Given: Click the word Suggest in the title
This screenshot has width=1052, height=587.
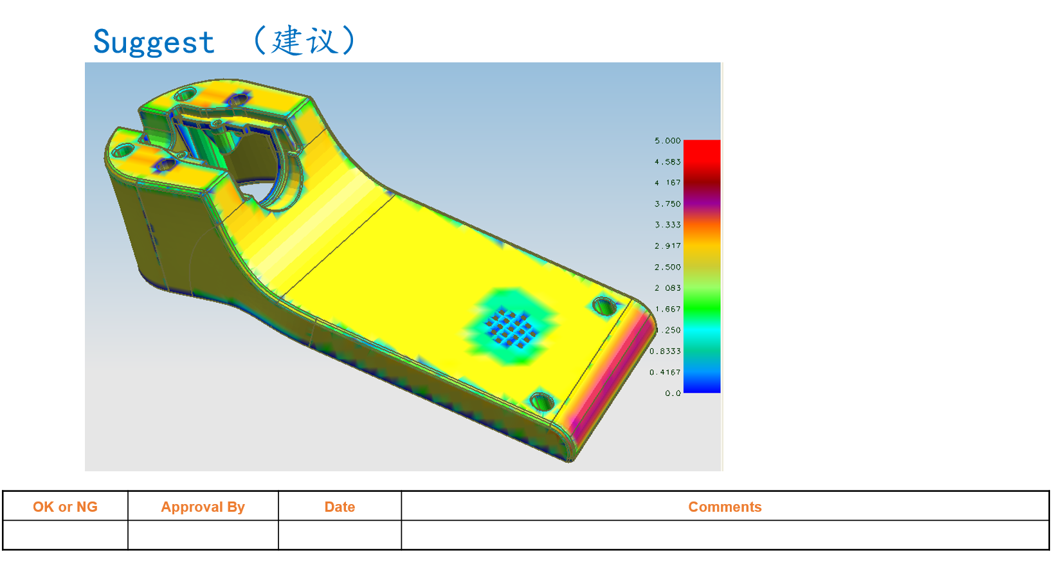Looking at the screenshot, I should (154, 43).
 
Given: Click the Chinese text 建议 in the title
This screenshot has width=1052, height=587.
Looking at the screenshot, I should (304, 41).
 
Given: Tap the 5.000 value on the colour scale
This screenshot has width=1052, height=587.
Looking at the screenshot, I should (667, 141).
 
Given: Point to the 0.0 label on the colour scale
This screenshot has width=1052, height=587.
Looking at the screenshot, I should (673, 393).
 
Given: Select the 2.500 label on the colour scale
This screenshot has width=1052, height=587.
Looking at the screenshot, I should (667, 267).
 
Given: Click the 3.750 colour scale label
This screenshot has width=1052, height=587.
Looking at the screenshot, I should (667, 204).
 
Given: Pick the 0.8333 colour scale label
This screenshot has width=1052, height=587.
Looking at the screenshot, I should (665, 352).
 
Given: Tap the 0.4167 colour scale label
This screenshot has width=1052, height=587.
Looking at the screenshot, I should (665, 373).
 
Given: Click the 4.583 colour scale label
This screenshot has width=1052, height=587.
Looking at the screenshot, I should (667, 162).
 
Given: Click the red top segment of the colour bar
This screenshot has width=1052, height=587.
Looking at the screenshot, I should (702, 150).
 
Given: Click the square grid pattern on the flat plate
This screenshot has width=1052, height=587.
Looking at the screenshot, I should (512, 327).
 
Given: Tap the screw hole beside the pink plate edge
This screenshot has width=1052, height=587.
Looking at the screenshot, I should (604, 306).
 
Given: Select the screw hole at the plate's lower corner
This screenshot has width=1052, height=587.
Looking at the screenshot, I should (541, 402).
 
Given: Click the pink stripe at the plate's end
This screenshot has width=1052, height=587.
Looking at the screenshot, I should (611, 379).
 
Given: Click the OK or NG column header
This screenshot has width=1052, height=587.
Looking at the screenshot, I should (65, 507).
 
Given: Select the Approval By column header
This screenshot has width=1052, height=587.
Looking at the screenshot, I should (203, 507).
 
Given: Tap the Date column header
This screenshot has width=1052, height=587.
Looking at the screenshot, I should (340, 507).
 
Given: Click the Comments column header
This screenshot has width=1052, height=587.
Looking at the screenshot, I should (725, 507).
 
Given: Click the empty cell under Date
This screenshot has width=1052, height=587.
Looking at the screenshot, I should (340, 535).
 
